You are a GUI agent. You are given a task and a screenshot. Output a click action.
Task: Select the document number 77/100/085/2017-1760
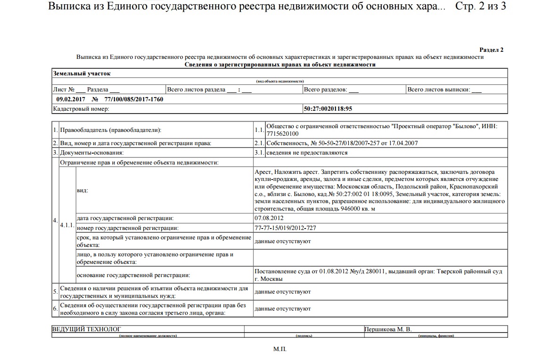pos(134,99)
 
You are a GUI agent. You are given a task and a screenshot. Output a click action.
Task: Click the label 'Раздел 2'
pos(491,49)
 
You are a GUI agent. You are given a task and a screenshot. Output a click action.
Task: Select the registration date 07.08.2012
pos(269,218)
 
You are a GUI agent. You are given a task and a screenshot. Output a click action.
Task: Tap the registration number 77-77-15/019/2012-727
pos(285,228)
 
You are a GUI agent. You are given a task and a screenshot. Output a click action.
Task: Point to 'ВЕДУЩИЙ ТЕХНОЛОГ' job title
pos(86,329)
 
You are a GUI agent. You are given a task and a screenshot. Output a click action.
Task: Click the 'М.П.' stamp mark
pos(279,349)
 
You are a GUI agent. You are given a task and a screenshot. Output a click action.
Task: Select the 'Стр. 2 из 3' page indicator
pos(481,8)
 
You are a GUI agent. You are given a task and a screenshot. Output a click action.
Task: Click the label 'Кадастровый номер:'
pos(82,109)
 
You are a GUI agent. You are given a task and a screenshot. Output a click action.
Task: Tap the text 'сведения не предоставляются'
pos(307,153)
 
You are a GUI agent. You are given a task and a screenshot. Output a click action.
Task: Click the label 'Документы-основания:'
pos(92,153)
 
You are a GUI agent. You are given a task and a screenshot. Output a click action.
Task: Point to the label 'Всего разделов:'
pos(326,90)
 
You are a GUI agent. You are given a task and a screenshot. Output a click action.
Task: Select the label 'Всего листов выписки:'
pos(439,90)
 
